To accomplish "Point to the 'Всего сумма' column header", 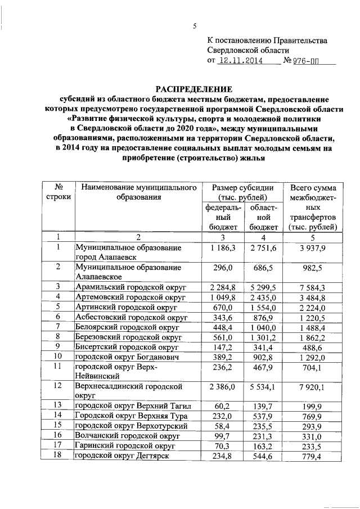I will pyautogui.click(x=313, y=187).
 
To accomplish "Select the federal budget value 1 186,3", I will pyautogui.click(x=223, y=247).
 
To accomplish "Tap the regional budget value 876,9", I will pyautogui.click(x=264, y=318).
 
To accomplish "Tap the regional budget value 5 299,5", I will pyautogui.click(x=264, y=288).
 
